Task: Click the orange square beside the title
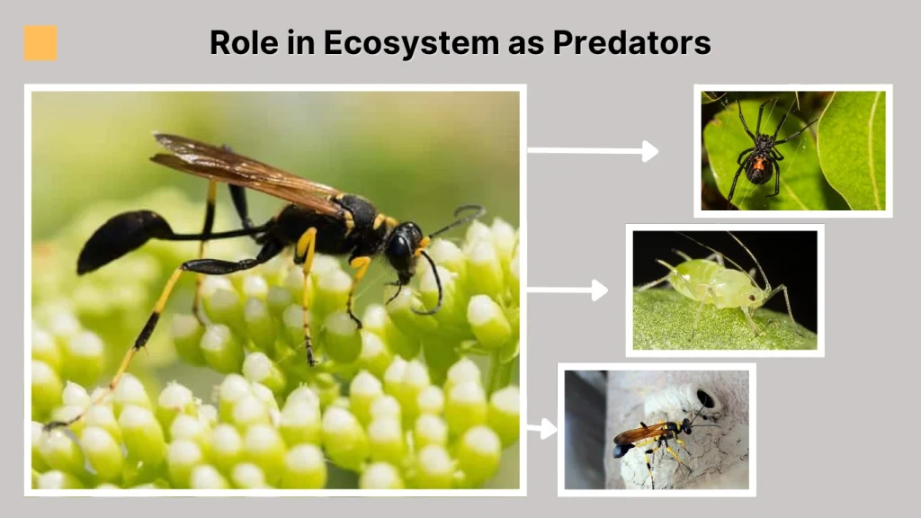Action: pyautogui.click(x=40, y=43)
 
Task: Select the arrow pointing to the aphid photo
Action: pyautogui.click(x=567, y=290)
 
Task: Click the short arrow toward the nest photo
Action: pyautogui.click(x=541, y=429)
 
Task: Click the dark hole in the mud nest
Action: pyautogui.click(x=705, y=398)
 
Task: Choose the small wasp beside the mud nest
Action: pyautogui.click(x=649, y=436)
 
